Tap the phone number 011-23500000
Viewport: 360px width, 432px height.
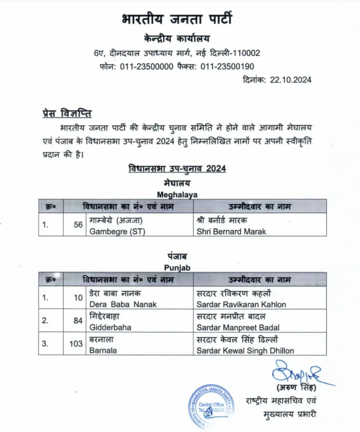tap(146, 67)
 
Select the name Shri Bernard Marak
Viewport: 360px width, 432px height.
tap(231, 232)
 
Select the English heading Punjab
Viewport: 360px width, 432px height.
tap(177, 268)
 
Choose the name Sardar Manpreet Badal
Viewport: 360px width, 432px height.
tap(238, 327)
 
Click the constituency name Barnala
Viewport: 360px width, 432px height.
tap(103, 351)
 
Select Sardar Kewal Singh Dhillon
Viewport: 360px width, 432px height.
tap(245, 351)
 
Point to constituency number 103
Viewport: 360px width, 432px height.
tap(76, 344)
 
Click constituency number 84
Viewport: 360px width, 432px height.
tap(78, 321)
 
